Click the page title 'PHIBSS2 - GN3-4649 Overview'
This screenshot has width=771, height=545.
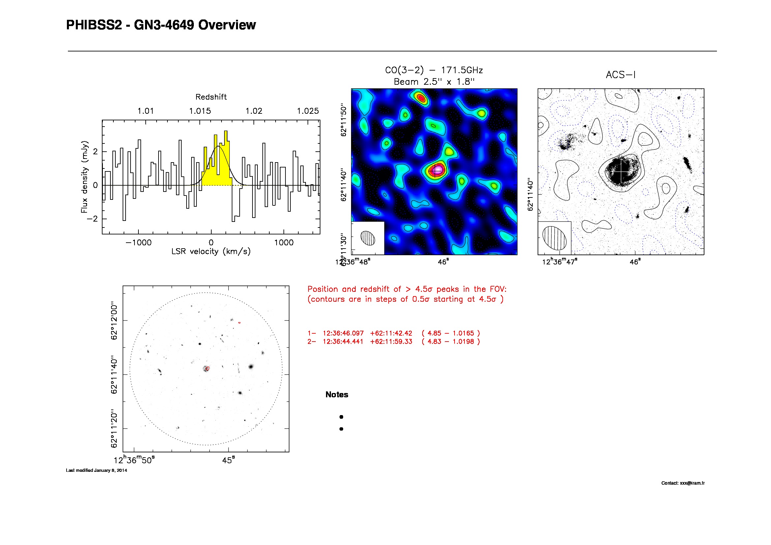(161, 25)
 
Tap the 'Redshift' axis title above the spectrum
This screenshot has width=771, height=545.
(211, 97)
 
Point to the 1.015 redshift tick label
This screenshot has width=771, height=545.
(200, 111)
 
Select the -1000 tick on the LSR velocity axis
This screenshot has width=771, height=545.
(138, 242)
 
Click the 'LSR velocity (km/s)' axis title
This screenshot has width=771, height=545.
(211, 252)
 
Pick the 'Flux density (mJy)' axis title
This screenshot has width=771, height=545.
(84, 177)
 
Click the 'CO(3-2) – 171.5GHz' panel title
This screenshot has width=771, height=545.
(434, 70)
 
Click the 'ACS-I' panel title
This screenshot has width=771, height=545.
(621, 75)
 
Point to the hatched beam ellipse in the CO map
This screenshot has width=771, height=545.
(368, 238)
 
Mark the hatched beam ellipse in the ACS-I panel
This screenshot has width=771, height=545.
(554, 238)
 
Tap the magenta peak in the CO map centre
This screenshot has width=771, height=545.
(437, 169)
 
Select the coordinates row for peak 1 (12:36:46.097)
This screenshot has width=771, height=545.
(394, 333)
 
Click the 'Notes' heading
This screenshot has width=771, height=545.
(337, 395)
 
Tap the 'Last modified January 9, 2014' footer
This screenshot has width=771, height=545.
(96, 470)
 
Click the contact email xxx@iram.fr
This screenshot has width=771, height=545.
(692, 483)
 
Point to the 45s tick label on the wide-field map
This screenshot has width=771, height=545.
(228, 460)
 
